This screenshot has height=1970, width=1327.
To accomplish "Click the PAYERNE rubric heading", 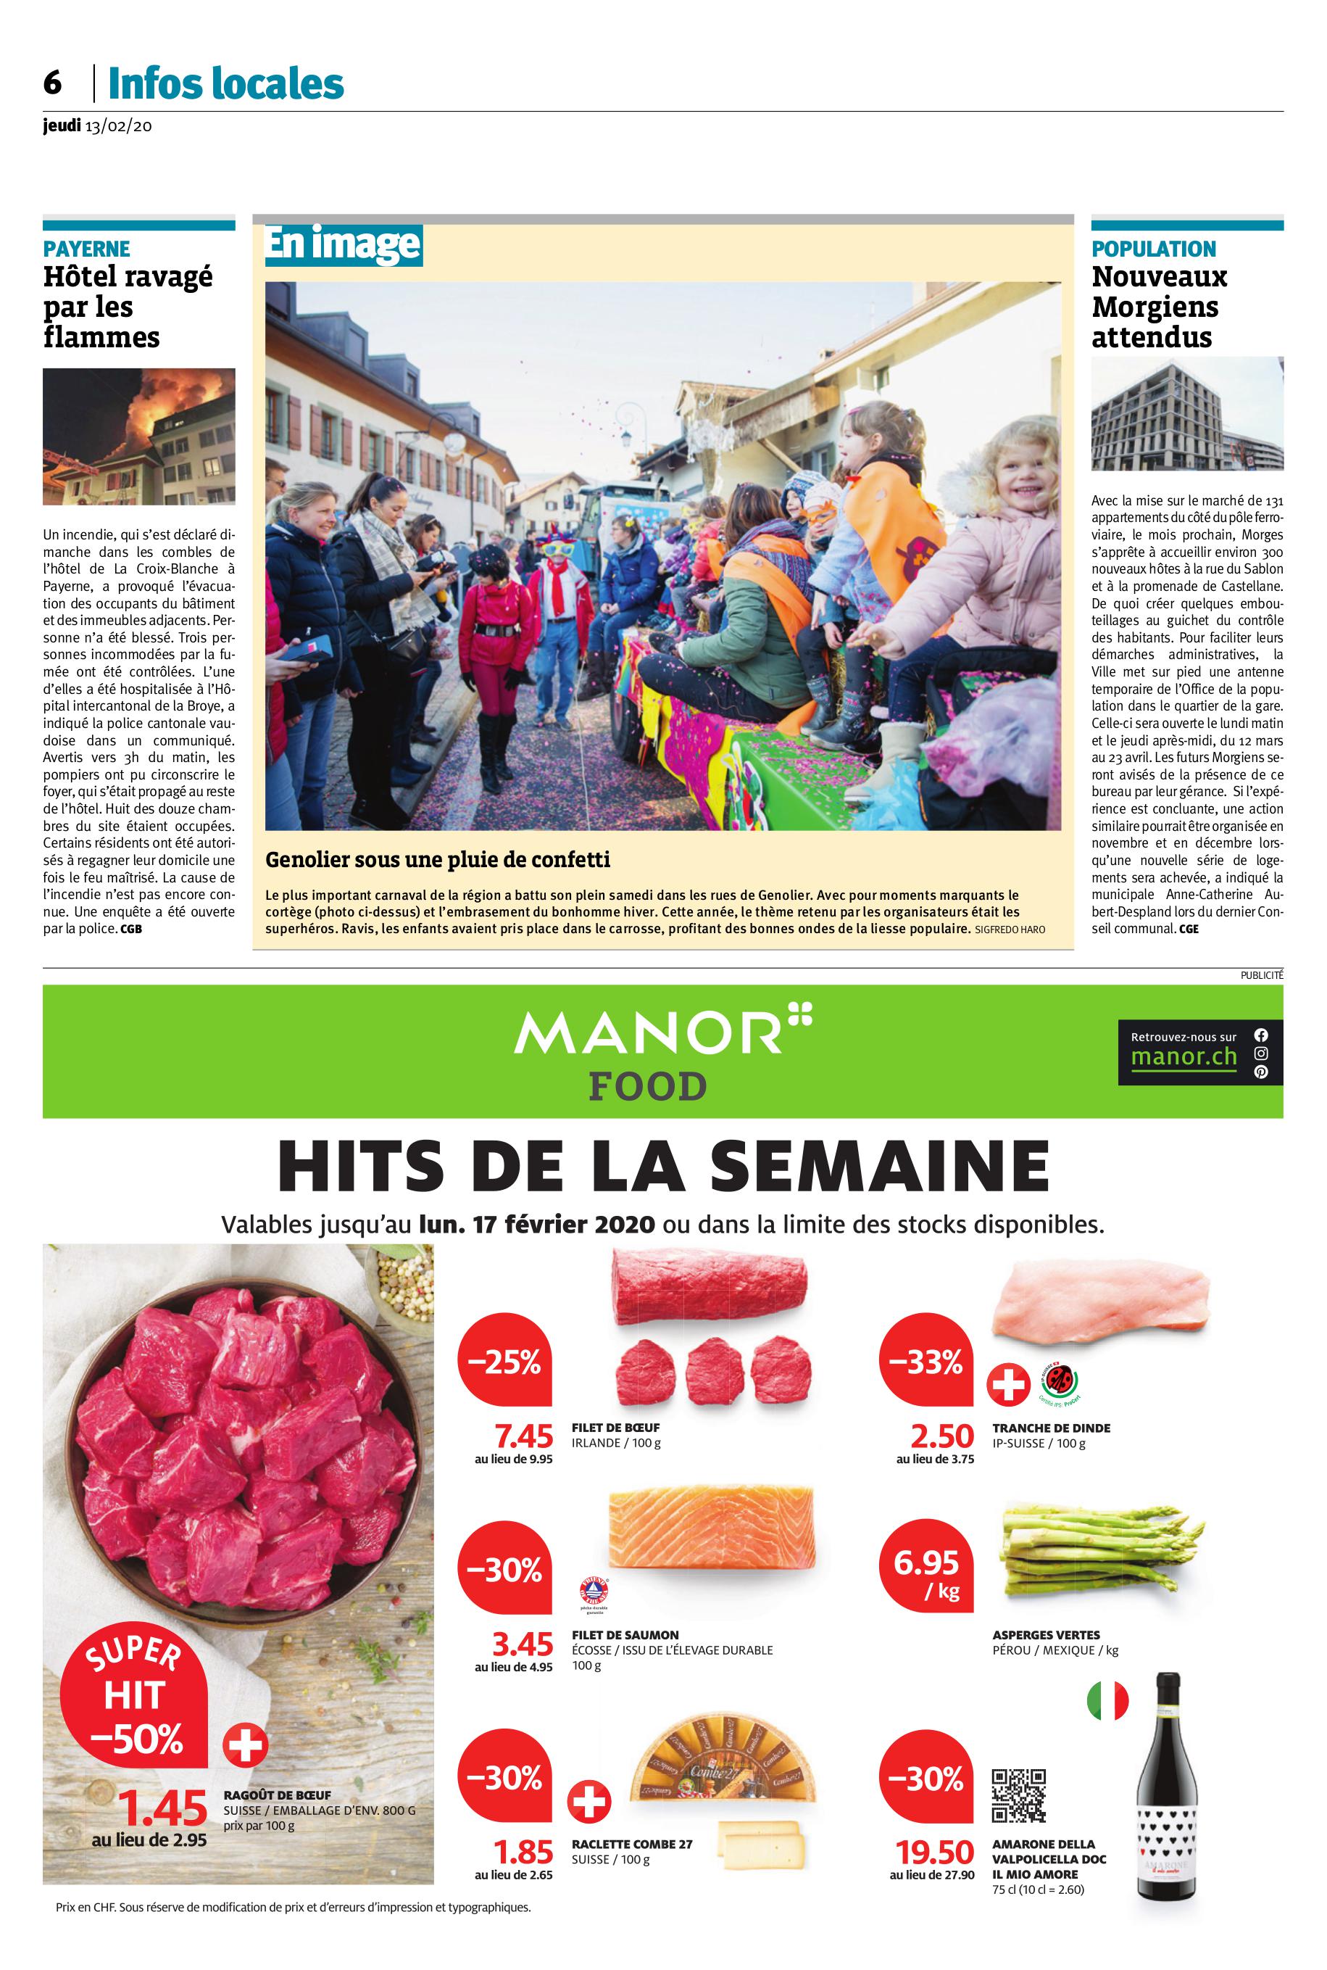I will click(86, 249).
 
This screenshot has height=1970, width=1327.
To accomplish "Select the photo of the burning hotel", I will click(139, 436).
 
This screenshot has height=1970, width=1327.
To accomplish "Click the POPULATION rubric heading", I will click(1154, 249).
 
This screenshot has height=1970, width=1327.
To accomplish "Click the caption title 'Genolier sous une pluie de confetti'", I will click(438, 860).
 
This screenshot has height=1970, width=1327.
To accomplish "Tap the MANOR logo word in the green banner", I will click(647, 1032).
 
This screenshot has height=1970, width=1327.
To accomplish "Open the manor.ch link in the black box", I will click(1183, 1056).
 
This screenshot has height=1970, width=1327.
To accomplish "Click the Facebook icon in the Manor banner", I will click(1261, 1035).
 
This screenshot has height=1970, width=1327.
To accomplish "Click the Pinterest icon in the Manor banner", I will click(1261, 1072).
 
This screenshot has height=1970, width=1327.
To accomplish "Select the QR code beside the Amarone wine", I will click(1018, 1795).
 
